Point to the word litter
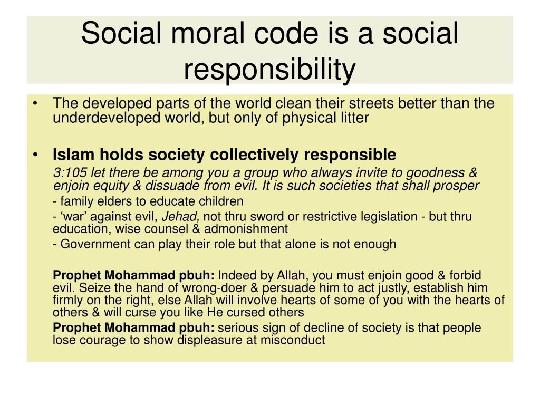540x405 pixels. pos(354,118)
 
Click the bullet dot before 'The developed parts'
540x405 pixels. pos(35,103)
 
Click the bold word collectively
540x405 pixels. pos(254,155)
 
